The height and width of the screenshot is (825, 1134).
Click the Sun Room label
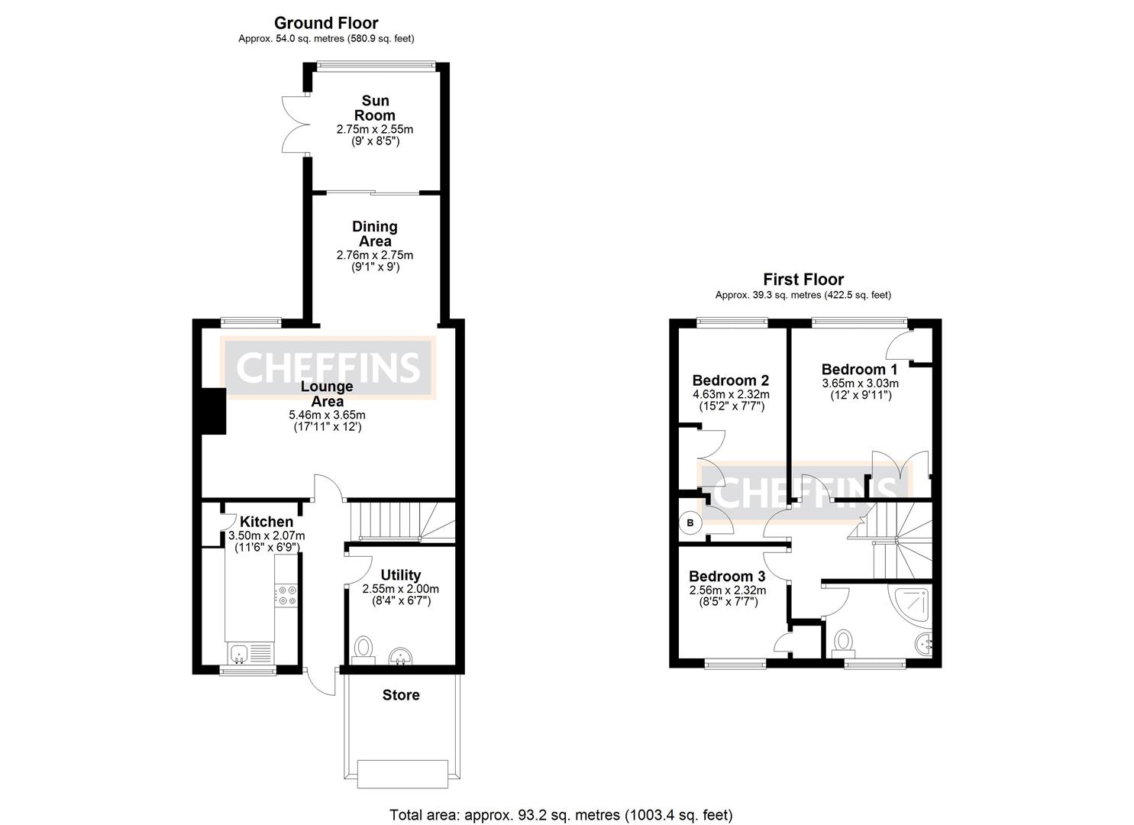point(375,108)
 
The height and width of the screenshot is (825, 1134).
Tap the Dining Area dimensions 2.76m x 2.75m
point(374,255)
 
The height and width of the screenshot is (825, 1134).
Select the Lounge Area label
point(327,393)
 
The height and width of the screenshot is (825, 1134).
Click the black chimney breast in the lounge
point(213,411)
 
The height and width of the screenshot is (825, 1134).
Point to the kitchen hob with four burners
point(287,595)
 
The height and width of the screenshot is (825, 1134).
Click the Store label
point(401,695)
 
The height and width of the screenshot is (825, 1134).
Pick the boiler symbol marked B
point(691,523)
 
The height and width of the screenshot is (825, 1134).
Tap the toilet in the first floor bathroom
point(843,642)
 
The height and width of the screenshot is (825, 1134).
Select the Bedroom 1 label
point(859,370)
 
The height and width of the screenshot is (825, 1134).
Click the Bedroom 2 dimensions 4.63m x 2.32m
point(731,395)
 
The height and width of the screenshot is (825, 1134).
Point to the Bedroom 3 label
point(727,577)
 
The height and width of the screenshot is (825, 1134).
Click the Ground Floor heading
point(326,24)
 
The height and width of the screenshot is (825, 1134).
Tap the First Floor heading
point(803,280)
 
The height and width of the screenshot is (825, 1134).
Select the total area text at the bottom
point(561,815)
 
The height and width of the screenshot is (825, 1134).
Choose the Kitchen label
point(267,522)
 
